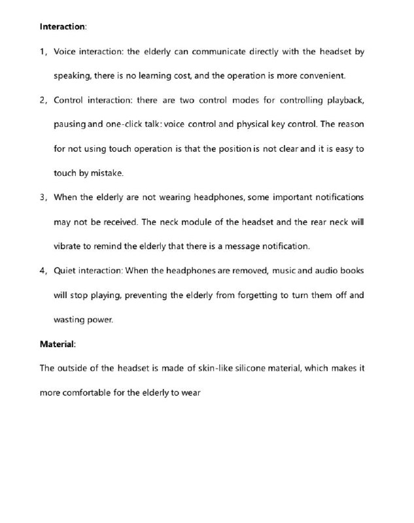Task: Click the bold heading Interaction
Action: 62,27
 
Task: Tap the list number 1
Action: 43,52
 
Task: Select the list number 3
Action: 43,197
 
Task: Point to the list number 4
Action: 43,270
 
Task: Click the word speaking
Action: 71,76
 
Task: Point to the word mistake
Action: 105,173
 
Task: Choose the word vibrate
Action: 68,246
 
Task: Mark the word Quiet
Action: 67,270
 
